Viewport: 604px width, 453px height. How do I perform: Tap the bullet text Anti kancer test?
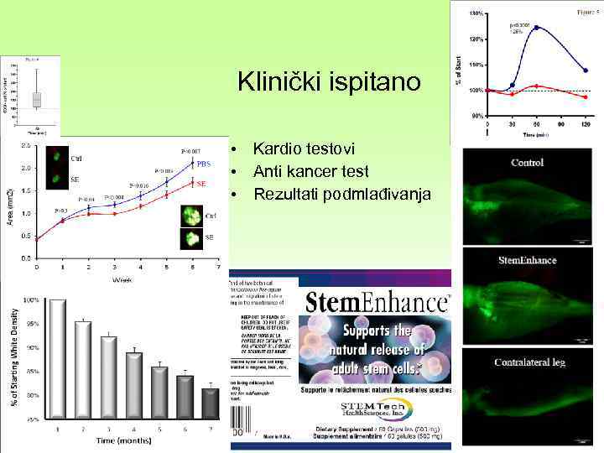click(x=311, y=171)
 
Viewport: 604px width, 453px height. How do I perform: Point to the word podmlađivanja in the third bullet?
click(x=386, y=195)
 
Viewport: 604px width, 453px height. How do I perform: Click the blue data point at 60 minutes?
click(x=536, y=27)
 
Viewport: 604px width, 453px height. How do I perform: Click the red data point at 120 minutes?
click(x=586, y=97)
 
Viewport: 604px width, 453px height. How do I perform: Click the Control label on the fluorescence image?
click(x=527, y=162)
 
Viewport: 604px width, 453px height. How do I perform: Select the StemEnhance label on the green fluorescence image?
click(x=527, y=260)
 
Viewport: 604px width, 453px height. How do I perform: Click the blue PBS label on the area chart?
click(x=203, y=164)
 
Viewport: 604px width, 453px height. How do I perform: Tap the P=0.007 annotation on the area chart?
click(x=192, y=151)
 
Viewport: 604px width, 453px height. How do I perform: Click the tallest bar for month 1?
click(x=57, y=357)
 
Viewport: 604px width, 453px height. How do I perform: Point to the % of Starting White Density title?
click(x=14, y=355)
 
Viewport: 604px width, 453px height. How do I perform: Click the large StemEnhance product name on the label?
click(x=375, y=302)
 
